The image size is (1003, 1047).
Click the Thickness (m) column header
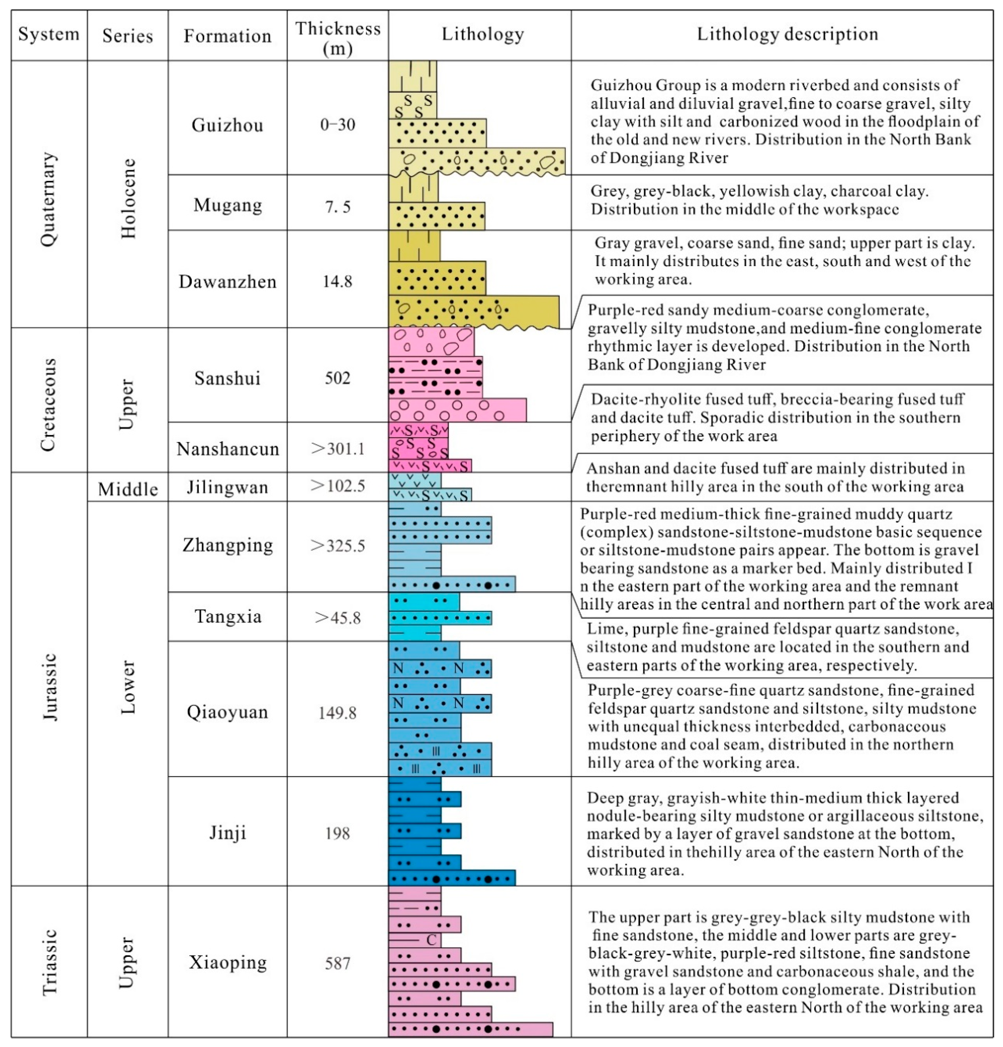coord(338,37)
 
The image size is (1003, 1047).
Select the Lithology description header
coord(787,34)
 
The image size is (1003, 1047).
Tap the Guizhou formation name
coord(227,125)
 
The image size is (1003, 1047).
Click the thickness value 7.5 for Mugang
coord(338,206)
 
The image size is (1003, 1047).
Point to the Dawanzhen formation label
coord(227,282)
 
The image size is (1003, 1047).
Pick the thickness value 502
coord(338,378)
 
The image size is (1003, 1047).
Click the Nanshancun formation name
coord(227,449)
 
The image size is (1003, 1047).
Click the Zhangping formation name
coord(227,545)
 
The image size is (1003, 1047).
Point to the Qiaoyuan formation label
coord(227,712)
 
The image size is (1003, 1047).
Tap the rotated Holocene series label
coord(128,199)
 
